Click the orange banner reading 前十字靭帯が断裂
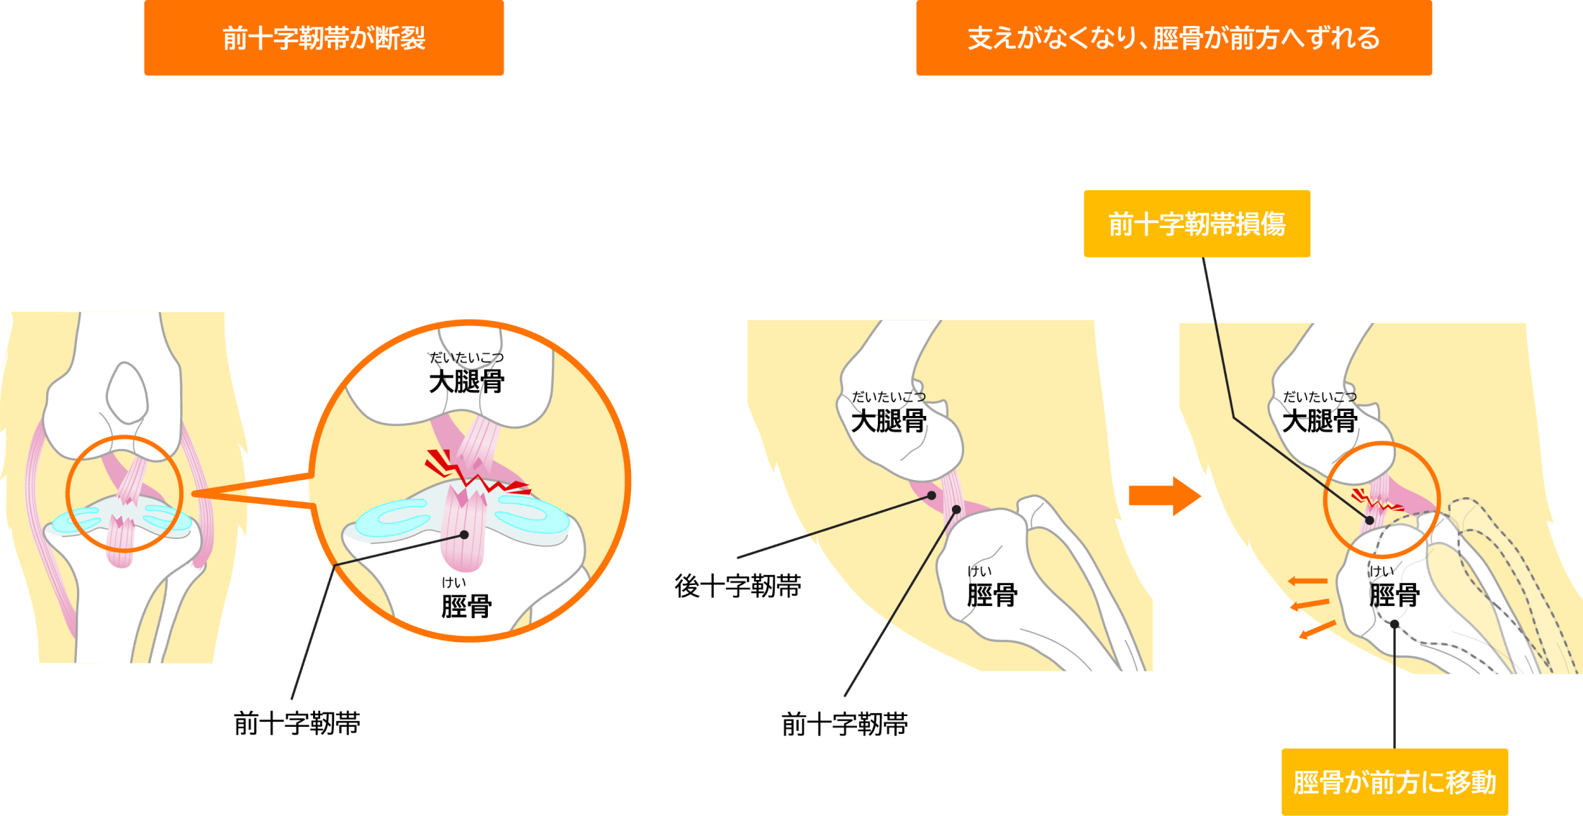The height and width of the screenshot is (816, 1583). point(324,38)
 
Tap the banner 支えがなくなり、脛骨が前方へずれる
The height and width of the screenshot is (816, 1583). point(1174,38)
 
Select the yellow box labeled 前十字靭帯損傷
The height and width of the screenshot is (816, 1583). point(1197,224)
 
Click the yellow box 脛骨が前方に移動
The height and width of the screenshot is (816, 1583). point(1394,782)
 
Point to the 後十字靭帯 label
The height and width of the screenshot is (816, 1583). point(738,586)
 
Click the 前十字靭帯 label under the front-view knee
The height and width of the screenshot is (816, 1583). point(297,723)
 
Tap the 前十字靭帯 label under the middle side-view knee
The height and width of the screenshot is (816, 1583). point(844,724)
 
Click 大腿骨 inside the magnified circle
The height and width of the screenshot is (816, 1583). point(466,381)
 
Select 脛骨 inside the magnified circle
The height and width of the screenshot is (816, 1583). point(466,606)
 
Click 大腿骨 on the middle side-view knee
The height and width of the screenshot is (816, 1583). point(889,421)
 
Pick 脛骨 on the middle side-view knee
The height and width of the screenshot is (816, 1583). point(992,595)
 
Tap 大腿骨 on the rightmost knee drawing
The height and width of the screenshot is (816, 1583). point(1320,421)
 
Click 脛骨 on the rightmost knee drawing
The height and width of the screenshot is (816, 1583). point(1394,595)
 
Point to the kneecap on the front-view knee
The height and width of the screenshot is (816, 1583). point(127,392)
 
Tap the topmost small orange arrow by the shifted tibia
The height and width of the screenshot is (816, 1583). point(1307,581)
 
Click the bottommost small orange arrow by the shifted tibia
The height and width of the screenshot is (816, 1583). point(1317,630)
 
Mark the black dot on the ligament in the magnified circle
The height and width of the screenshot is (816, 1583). point(465,535)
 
